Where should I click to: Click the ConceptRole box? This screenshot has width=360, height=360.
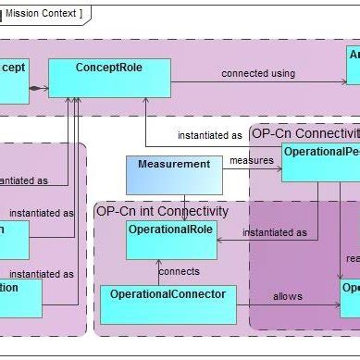pos(109,78)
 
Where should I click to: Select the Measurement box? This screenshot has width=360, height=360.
pos(173,175)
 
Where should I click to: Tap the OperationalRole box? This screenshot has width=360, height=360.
pos(171,240)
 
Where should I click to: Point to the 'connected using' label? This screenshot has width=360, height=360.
pos(258,73)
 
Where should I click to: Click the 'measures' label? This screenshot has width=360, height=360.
pos(251,159)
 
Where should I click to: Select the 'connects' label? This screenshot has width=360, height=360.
pos(178,272)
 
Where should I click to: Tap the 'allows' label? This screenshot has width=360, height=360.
pos(288,296)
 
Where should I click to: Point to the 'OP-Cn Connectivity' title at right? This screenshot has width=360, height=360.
pos(304,133)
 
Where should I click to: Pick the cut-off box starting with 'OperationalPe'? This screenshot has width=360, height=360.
pos(320,161)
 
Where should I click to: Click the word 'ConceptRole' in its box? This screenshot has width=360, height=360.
pos(109,67)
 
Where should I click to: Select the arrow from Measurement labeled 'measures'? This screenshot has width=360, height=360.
pos(252,169)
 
